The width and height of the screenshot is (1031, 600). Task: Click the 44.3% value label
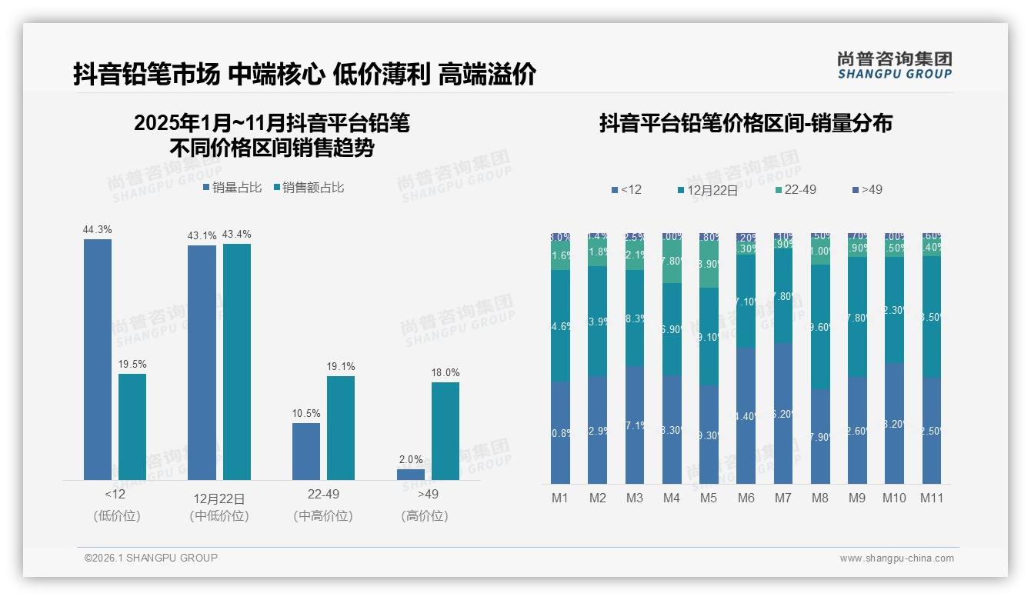click(x=98, y=229)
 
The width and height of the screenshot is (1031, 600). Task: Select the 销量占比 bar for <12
click(x=98, y=359)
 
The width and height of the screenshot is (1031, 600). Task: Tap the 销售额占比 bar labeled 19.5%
click(x=132, y=427)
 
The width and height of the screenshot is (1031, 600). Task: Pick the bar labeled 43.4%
click(x=237, y=362)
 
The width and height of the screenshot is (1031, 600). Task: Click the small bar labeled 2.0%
click(x=411, y=475)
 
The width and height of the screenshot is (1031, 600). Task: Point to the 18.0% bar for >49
click(x=445, y=431)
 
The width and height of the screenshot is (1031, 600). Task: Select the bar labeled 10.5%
click(x=306, y=452)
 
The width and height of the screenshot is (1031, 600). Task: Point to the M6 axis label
click(x=746, y=498)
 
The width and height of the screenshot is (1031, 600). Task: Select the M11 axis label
click(x=932, y=498)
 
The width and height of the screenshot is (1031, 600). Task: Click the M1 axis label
click(x=560, y=498)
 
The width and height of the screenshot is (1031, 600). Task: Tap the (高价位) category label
click(x=425, y=516)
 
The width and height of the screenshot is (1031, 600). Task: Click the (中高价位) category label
click(x=323, y=516)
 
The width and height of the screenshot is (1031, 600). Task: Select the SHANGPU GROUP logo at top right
click(x=894, y=65)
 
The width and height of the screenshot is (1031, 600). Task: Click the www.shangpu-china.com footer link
click(x=896, y=558)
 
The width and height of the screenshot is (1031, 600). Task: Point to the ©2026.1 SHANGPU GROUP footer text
click(x=151, y=558)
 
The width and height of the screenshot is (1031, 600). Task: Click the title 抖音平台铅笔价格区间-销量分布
click(x=746, y=124)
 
